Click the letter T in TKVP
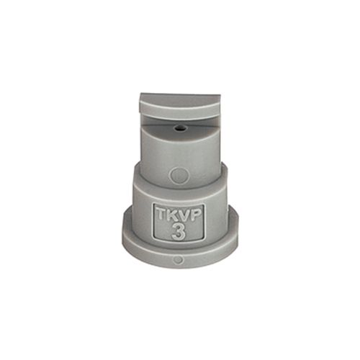[x=161, y=215]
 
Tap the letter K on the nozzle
[x=171, y=215]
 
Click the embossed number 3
[x=179, y=232]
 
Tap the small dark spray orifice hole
[x=179, y=128]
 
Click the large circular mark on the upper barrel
[x=178, y=174]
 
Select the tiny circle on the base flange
[x=178, y=260]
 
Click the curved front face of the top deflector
[x=179, y=110]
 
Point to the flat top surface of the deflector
[x=180, y=97]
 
